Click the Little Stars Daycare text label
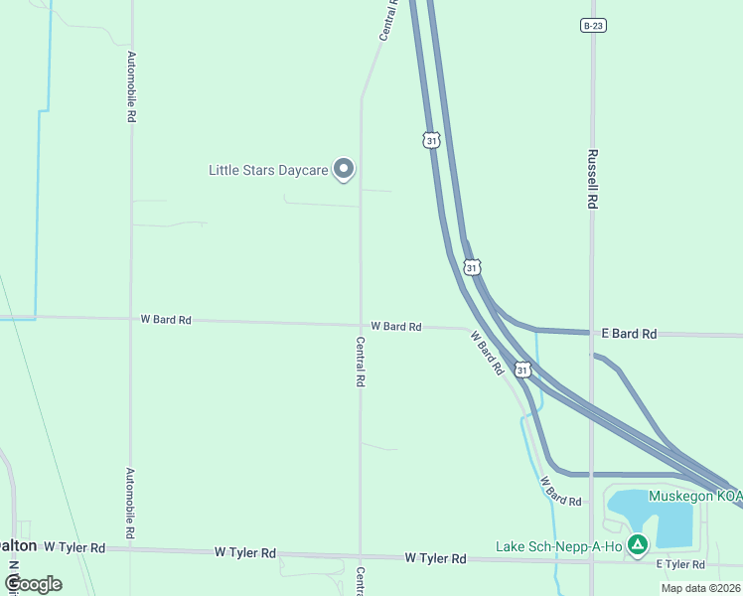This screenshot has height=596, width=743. [268, 170]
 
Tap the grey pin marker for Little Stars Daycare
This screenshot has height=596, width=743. [344, 169]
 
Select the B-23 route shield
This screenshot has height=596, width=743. [593, 25]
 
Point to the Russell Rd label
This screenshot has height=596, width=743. [592, 179]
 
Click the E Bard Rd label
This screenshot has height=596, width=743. [629, 334]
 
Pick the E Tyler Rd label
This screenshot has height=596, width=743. [679, 564]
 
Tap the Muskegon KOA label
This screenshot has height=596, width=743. [695, 496]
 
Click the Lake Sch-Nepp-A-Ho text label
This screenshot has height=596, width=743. [559, 546]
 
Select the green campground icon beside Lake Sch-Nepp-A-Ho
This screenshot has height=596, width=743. [638, 544]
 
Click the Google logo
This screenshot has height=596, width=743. [34, 583]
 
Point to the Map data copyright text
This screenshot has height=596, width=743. [701, 588]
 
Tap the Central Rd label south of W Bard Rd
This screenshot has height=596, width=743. [361, 361]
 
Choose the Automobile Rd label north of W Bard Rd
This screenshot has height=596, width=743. [131, 86]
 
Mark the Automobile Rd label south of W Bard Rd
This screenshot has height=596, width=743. [131, 504]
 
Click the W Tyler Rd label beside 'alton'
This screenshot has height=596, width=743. [74, 547]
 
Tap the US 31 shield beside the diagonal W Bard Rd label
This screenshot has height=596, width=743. [522, 370]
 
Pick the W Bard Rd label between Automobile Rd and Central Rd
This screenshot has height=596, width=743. [166, 320]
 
